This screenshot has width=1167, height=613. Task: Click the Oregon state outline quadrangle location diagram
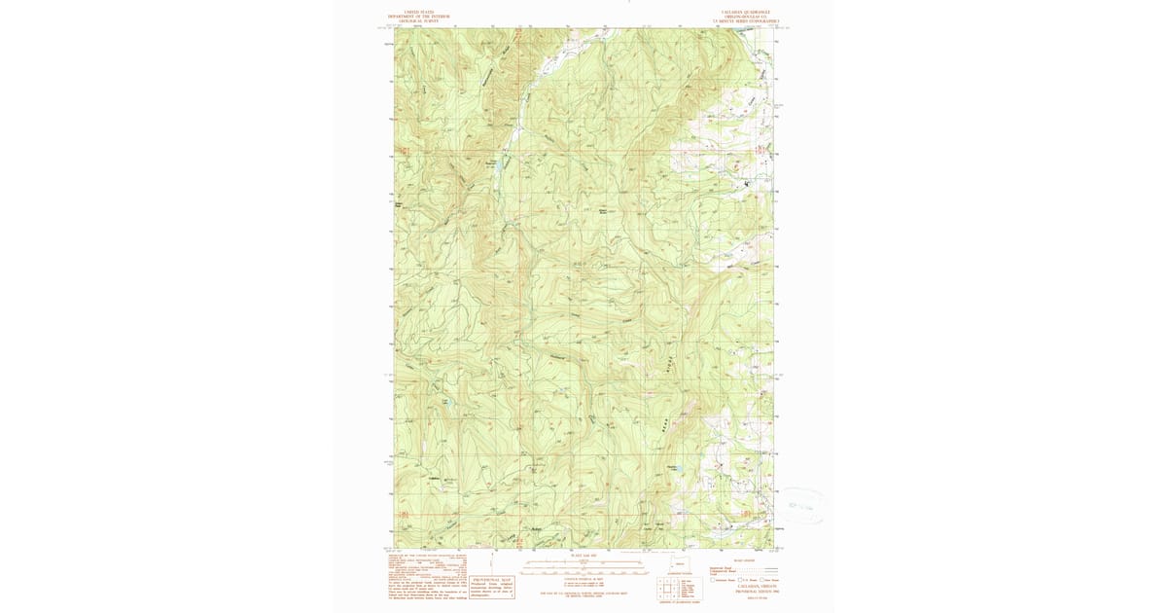(680, 564)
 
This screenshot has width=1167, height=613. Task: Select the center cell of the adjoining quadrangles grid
(690, 590)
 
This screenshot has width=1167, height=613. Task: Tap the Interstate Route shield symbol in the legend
(713, 580)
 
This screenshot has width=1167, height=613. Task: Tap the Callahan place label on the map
(434, 478)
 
